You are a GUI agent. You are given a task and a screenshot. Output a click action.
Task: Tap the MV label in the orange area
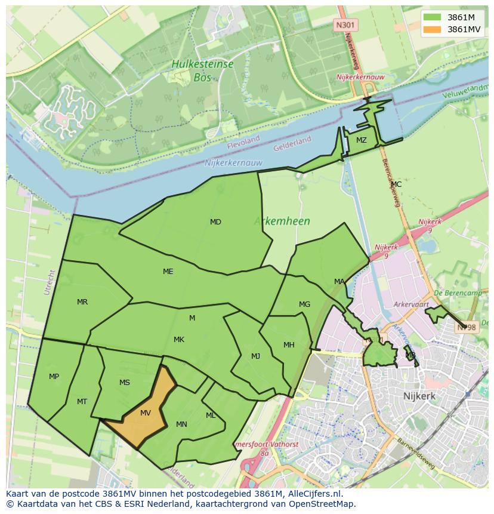tap(146, 413)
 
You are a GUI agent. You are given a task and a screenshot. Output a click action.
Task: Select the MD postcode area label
tap(215, 222)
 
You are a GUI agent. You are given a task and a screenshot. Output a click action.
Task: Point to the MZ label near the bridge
tap(362, 140)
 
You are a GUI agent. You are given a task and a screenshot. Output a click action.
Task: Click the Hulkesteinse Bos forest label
tap(202, 70)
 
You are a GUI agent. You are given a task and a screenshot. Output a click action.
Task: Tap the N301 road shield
tap(344, 24)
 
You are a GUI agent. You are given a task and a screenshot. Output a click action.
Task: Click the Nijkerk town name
tap(419, 396)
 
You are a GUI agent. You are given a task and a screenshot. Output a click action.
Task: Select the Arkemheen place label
tap(282, 221)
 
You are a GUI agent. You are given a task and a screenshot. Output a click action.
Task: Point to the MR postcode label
tap(82, 302)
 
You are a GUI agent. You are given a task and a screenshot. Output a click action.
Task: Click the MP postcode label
tap(54, 377)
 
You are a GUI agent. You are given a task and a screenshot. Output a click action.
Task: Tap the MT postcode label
tap(82, 402)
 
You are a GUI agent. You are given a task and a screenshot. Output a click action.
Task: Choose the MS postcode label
tap(124, 383)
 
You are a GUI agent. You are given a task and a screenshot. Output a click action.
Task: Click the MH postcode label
tap(289, 345)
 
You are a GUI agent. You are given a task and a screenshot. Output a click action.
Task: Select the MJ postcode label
tap(255, 356)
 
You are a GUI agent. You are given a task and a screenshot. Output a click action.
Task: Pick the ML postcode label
tap(211, 415)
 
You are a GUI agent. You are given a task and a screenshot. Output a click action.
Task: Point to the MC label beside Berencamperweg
tap(396, 184)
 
